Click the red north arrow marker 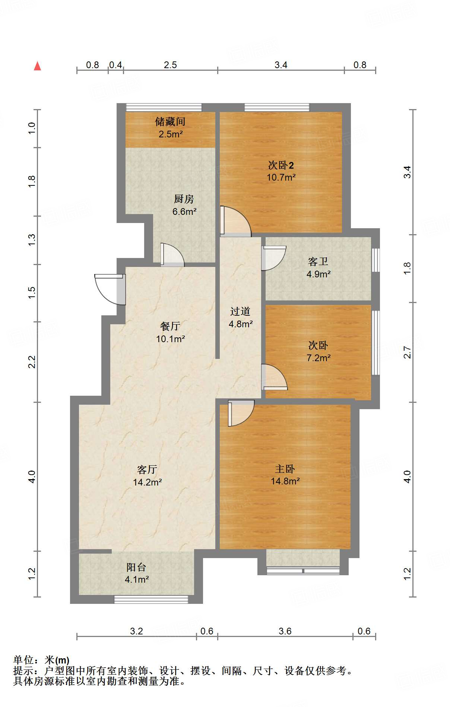pyautogui.click(x=37, y=66)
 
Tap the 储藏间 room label pyautogui.click(x=170, y=121)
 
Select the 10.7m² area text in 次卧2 pyautogui.click(x=281, y=177)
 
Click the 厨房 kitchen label pyautogui.click(x=184, y=199)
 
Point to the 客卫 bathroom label pyautogui.click(x=318, y=261)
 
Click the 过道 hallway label pyautogui.click(x=240, y=311)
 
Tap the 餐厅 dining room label pyautogui.click(x=170, y=326)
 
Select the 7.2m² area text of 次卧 pyautogui.click(x=319, y=358)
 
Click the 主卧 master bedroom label pyautogui.click(x=285, y=469)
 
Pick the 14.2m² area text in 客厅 pyautogui.click(x=147, y=482)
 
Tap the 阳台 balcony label pyautogui.click(x=136, y=567)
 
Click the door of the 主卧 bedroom pyautogui.click(x=241, y=413)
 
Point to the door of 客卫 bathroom pyautogui.click(x=273, y=258)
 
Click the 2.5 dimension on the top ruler pyautogui.click(x=170, y=65)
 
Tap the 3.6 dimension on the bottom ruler pyautogui.click(x=285, y=631)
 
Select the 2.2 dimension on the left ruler pyautogui.click(x=32, y=362)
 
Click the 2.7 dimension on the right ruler pyautogui.click(x=407, y=352)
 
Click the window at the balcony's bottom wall pyautogui.click(x=151, y=599)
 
